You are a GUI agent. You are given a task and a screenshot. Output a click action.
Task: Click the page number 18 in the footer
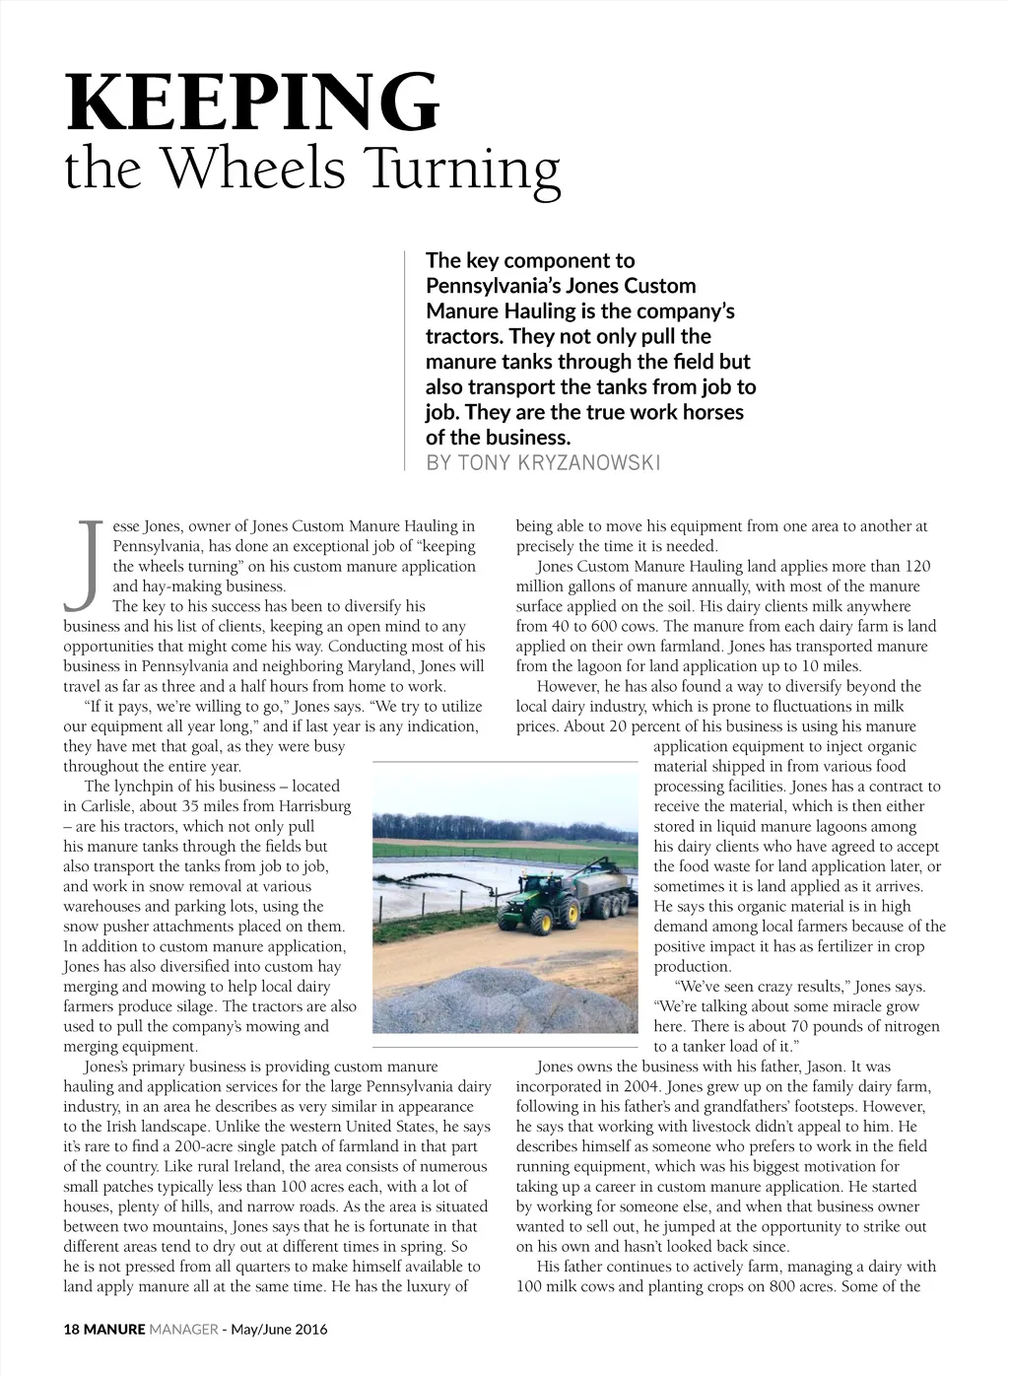click(71, 1329)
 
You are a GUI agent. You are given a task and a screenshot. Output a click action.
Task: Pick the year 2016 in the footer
click(309, 1329)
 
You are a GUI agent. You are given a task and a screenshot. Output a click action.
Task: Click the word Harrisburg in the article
click(313, 806)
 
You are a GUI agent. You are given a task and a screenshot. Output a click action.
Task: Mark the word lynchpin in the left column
click(146, 787)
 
